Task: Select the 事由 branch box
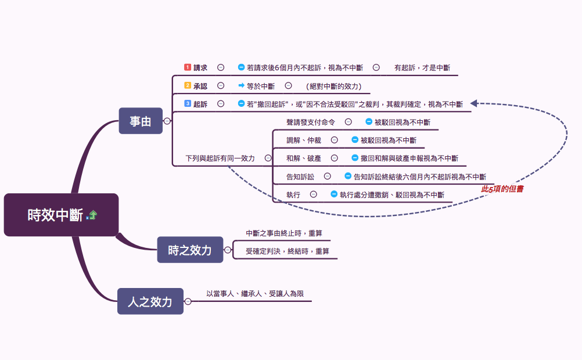coord(141,121)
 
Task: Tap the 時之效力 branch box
coord(190,250)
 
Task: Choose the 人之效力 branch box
coord(150,301)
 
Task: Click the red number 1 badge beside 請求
coord(188,67)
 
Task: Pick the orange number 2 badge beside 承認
coord(188,85)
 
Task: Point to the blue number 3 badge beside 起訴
coord(188,103)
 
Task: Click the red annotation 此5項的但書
coord(502,189)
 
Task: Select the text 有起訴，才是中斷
coord(422,68)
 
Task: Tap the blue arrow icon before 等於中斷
coord(241,86)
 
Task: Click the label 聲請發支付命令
coord(311,122)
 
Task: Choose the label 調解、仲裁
coord(304,140)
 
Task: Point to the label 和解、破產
coord(304,158)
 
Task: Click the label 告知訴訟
coord(300,177)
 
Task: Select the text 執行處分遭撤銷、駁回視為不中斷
coord(392,195)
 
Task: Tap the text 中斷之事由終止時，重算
coord(284,233)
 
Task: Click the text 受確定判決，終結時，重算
coord(288,251)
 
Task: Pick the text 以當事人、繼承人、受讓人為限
coord(255,294)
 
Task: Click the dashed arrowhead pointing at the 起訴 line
coord(474,103)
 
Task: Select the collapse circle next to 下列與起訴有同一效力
coord(268,158)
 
